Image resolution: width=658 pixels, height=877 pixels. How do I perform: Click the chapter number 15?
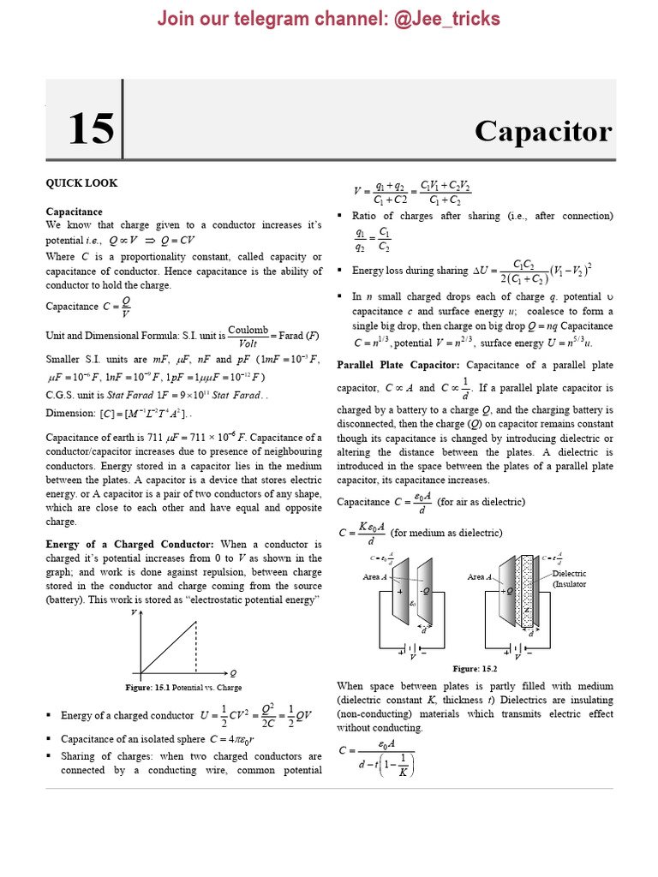pyautogui.click(x=90, y=128)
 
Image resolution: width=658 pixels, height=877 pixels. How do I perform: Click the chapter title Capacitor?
pyautogui.click(x=543, y=131)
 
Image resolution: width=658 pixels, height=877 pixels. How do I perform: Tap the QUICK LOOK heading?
pyautogui.click(x=81, y=182)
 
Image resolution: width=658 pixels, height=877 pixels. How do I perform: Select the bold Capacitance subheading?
pyautogui.click(x=74, y=212)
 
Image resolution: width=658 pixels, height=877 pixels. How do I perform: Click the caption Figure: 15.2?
pyautogui.click(x=476, y=668)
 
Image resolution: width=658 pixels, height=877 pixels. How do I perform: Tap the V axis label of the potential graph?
pyautogui.click(x=134, y=614)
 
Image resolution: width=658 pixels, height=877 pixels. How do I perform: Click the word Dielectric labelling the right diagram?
pyautogui.click(x=570, y=573)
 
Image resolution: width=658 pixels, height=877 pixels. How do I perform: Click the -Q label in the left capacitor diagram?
pyautogui.click(x=423, y=591)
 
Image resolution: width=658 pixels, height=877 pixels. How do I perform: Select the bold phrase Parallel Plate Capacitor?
pyautogui.click(x=393, y=365)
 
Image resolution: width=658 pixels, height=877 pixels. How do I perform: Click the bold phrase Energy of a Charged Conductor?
pyautogui.click(x=130, y=544)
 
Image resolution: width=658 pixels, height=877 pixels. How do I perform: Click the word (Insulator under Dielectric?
pyautogui.click(x=571, y=584)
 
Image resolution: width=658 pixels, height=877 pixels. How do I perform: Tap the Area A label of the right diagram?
pyautogui.click(x=480, y=577)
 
